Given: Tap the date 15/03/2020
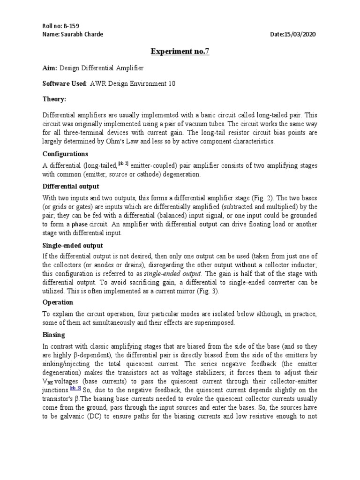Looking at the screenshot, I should pos(303,34).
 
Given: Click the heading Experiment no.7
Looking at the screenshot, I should pos(180,51).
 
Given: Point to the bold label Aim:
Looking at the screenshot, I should pos(50,68).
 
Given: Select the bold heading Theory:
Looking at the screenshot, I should pos(54,99).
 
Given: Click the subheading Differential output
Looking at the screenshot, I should pos(70,186).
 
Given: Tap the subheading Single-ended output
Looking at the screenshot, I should pos(73,246).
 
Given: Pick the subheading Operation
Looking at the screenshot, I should pos(58,302).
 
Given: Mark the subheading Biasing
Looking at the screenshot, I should pos(54,335).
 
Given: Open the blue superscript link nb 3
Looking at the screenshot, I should pos(75,388).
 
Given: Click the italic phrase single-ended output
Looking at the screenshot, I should pos(172,273).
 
